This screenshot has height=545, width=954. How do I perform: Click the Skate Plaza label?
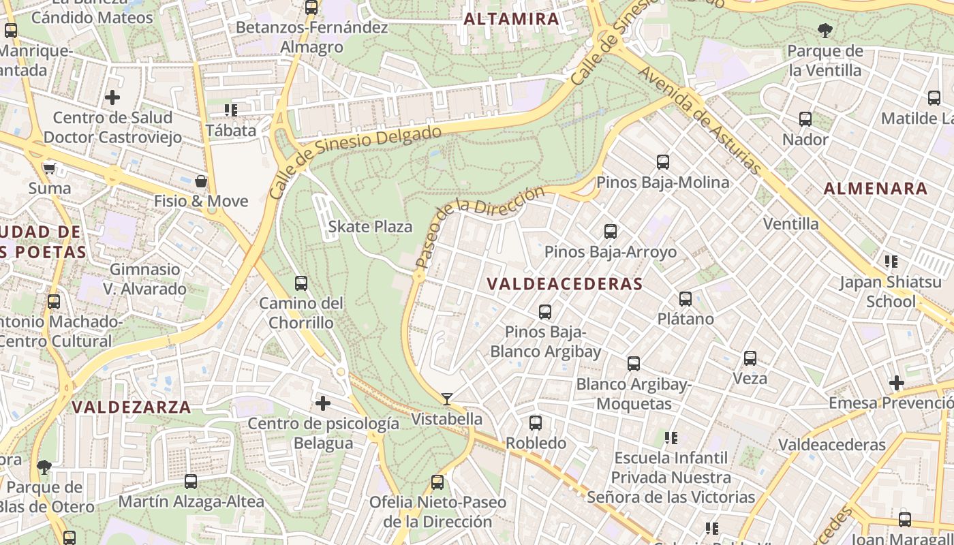pyautogui.click(x=370, y=227)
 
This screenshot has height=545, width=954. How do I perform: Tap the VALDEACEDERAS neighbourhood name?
pyautogui.click(x=565, y=284)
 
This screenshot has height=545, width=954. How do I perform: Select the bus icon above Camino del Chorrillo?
pyautogui.click(x=301, y=283)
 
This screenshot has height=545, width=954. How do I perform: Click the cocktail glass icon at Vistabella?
pyautogui.click(x=447, y=399)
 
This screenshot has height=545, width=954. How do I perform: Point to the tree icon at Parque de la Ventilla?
pyautogui.click(x=825, y=30)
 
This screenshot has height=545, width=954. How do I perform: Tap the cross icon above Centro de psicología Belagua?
pyautogui.click(x=323, y=403)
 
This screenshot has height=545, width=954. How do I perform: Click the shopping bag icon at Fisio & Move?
pyautogui.click(x=201, y=181)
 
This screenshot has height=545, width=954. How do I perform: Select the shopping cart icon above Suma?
pyautogui.click(x=49, y=168)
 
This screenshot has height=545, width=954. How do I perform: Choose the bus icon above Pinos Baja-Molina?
pyautogui.click(x=663, y=162)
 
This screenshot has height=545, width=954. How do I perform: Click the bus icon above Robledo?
pyautogui.click(x=536, y=423)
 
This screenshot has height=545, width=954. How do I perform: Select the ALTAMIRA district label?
pyautogui.click(x=511, y=19)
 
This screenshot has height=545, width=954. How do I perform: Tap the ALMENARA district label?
pyautogui.click(x=876, y=189)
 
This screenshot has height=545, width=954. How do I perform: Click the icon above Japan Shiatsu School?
pyautogui.click(x=891, y=262)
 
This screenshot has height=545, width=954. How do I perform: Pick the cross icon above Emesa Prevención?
pyautogui.click(x=896, y=383)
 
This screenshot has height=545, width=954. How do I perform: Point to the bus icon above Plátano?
pyautogui.click(x=686, y=299)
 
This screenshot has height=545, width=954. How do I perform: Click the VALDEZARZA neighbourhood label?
pyautogui.click(x=132, y=407)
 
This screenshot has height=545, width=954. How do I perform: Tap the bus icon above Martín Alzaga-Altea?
pyautogui.click(x=191, y=482)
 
